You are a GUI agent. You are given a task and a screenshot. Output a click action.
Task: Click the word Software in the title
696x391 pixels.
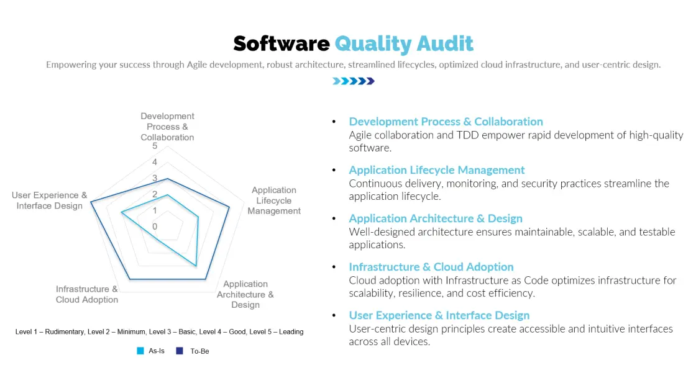tap(281, 43)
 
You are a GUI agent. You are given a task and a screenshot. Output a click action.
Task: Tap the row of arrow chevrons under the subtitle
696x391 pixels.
tap(354, 81)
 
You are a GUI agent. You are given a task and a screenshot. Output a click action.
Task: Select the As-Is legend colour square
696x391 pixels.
tap(140, 351)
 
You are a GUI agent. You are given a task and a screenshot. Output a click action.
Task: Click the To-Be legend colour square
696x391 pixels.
tap(180, 351)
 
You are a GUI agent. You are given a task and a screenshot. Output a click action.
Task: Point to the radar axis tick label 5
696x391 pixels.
tap(155, 146)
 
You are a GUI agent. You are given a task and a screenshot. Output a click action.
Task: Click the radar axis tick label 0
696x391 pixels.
tap(155, 227)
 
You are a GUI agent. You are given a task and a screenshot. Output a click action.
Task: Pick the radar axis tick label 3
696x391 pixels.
tap(155, 179)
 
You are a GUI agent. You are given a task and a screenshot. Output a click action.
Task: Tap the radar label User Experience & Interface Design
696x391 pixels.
tap(50, 200)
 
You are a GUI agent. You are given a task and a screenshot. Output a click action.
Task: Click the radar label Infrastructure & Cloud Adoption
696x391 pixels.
tap(87, 294)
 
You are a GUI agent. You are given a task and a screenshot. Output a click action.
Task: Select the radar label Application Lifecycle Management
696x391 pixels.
tap(274, 200)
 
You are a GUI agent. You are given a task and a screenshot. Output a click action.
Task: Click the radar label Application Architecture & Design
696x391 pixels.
tap(245, 294)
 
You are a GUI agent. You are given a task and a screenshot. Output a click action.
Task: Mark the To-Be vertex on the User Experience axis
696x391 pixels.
tap(91, 201)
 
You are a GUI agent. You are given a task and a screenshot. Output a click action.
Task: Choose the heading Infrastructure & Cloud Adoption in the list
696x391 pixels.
tap(431, 267)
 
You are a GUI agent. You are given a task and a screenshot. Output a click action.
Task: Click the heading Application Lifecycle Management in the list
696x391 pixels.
tap(437, 170)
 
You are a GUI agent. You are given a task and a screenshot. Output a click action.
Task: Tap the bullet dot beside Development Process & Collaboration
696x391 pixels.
tap(334, 122)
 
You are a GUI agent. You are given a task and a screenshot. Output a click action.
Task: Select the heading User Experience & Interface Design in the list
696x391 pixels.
tap(439, 315)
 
